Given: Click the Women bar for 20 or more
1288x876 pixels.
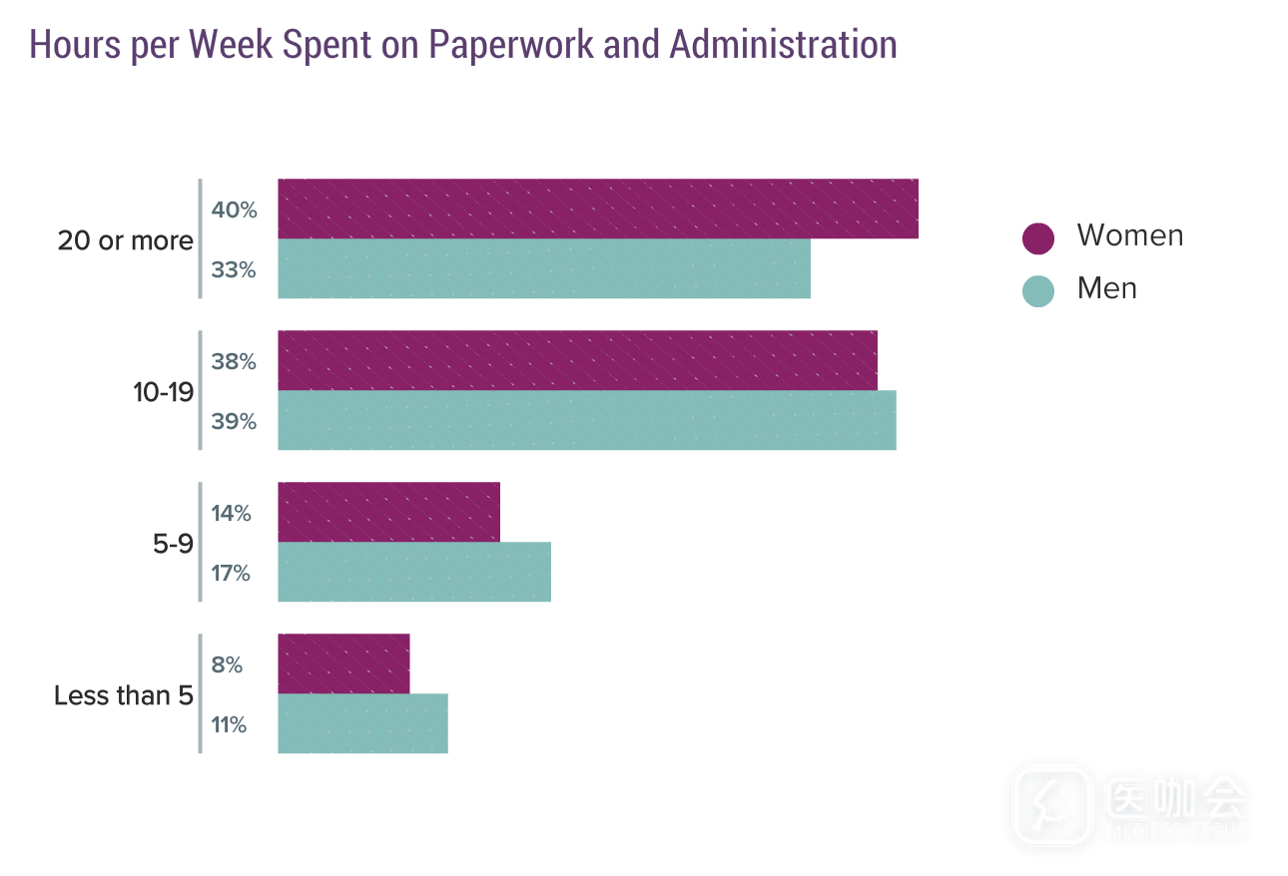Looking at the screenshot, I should pyautogui.click(x=597, y=209).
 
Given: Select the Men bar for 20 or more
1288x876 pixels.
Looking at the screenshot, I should pyautogui.click(x=544, y=268).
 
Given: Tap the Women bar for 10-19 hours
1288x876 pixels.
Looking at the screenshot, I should pyautogui.click(x=577, y=360).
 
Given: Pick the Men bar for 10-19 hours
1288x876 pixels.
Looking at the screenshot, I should pyautogui.click(x=586, y=420).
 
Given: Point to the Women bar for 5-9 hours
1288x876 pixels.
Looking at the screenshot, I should pyautogui.click(x=388, y=512).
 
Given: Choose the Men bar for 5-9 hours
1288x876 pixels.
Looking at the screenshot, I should pyautogui.click(x=414, y=572).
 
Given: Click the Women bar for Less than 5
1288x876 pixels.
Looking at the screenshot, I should pyautogui.click(x=343, y=663).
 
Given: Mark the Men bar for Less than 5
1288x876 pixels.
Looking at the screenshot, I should pyautogui.click(x=362, y=723).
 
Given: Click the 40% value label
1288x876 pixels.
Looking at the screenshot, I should pyautogui.click(x=234, y=211).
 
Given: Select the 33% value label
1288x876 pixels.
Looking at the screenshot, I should pyautogui.click(x=234, y=270).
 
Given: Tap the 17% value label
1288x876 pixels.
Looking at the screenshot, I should pyautogui.click(x=231, y=574).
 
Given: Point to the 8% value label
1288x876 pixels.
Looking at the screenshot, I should pyautogui.click(x=227, y=665).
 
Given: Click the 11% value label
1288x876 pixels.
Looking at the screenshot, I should pyautogui.click(x=229, y=725).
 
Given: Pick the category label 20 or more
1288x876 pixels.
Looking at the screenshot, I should pyautogui.click(x=125, y=240).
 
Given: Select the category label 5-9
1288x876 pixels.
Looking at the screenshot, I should pyautogui.click(x=172, y=544).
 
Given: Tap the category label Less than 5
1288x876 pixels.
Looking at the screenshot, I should pyautogui.click(x=123, y=695).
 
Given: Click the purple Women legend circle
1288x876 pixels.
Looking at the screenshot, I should pyautogui.click(x=1038, y=238).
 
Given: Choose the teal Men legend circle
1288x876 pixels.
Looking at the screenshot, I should pyautogui.click(x=1038, y=290).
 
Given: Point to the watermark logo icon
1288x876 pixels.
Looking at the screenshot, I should pyautogui.click(x=1050, y=805).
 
